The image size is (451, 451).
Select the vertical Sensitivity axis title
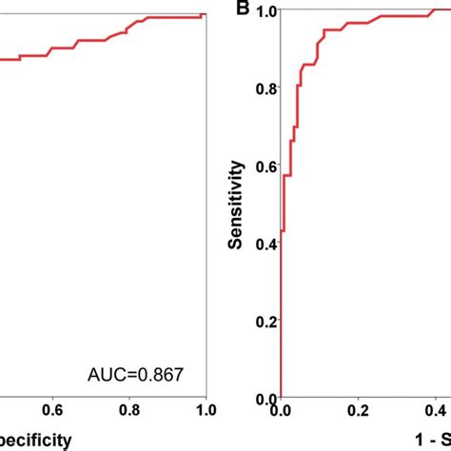pyautogui.click(x=237, y=205)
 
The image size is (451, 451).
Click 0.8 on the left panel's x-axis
pyautogui.click(x=129, y=412)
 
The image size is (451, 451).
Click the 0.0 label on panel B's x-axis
pyautogui.click(x=281, y=412)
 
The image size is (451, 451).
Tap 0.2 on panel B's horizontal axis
pyautogui.click(x=357, y=412)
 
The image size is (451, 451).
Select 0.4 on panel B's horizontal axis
pyautogui.click(x=433, y=412)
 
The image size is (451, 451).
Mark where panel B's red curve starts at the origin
pyautogui.click(x=281, y=398)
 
